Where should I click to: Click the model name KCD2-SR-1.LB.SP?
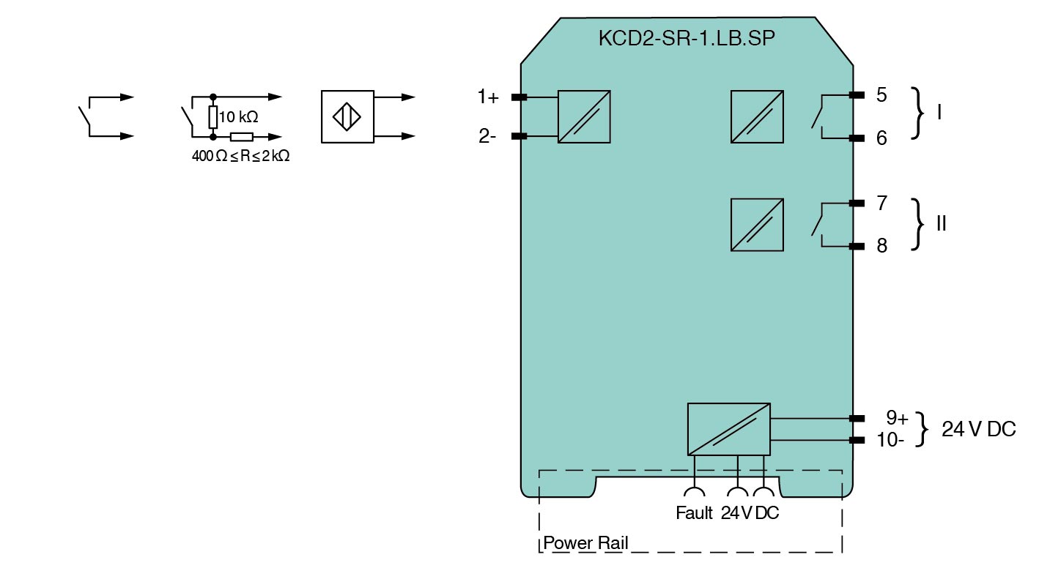[x=686, y=40]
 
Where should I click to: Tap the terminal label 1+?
[x=488, y=96]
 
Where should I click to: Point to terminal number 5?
[x=881, y=95]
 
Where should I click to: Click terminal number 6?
[x=881, y=138]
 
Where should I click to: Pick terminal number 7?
[x=881, y=203]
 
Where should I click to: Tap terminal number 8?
[x=881, y=246]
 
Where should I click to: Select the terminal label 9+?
[x=897, y=418]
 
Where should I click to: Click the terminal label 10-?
[x=891, y=440]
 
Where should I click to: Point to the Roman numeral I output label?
[x=940, y=113]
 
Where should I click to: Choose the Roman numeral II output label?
[x=942, y=224]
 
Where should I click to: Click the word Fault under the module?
[x=694, y=513]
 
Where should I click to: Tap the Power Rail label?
[x=585, y=544]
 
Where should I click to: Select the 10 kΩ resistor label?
[x=238, y=117]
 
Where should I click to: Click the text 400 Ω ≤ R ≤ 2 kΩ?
[x=240, y=156]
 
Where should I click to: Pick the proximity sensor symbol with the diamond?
[x=347, y=116]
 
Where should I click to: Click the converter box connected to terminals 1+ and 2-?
[x=584, y=116]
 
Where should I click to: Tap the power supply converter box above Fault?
[x=728, y=429]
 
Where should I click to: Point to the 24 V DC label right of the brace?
[x=979, y=430]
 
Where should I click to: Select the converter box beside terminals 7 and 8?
[x=757, y=225]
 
